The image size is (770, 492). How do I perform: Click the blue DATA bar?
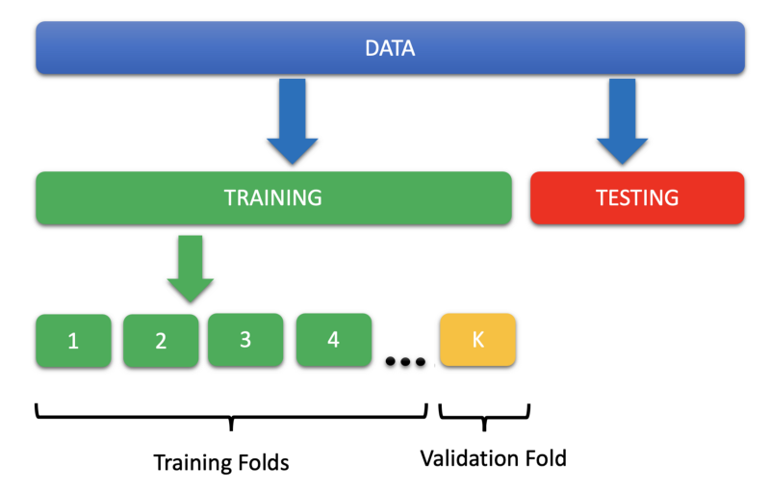(192, 48)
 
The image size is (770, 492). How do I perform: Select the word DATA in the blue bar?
(390, 48)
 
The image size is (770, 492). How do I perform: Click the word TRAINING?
(272, 198)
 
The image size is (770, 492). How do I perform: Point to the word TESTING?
(637, 198)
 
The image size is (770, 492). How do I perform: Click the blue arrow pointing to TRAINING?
(292, 120)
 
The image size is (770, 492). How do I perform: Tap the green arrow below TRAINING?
(190, 270)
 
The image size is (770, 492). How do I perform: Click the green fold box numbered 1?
(73, 341)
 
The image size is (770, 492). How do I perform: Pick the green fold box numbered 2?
(161, 341)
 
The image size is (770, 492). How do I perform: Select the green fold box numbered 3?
(245, 339)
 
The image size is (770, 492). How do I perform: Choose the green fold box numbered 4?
(333, 339)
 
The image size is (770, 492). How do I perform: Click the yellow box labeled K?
(478, 339)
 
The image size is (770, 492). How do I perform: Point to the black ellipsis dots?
(404, 362)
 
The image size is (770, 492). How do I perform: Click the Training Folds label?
(221, 462)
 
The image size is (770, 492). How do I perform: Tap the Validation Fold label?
(493, 458)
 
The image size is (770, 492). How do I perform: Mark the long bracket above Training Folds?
(231, 416)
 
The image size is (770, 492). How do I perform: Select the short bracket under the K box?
(484, 416)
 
